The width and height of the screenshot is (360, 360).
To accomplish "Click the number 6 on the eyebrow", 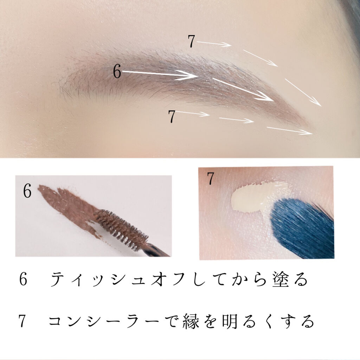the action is (117, 71).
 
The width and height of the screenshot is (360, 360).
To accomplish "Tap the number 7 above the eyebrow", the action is (191, 41).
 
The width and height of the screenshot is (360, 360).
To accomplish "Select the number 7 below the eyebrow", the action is (172, 116).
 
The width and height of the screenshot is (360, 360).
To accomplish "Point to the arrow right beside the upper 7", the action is (214, 43).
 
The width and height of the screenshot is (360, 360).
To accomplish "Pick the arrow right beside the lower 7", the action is (193, 113).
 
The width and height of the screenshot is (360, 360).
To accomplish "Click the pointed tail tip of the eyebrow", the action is (313, 129).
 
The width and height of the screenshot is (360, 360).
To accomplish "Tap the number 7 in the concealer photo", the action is (210, 178).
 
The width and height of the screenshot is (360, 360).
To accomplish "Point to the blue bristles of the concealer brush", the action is (301, 229).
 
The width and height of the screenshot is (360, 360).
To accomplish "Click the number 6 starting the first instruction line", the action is (23, 279).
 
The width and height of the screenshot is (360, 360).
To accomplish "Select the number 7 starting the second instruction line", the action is (22, 321).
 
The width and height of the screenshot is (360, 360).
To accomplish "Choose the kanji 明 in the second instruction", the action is (230, 321).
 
